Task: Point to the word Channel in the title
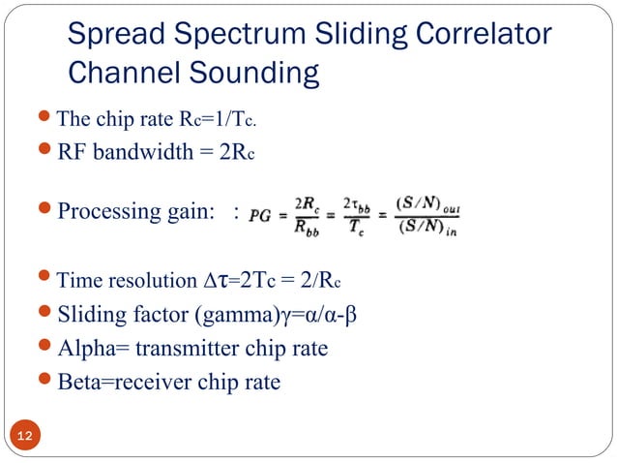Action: [x=125, y=73]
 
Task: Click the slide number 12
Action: [x=25, y=437]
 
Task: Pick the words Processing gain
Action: [x=136, y=212]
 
